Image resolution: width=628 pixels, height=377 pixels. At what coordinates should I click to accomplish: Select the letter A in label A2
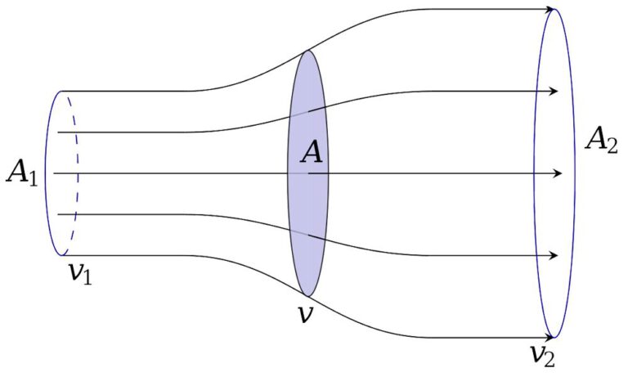click(596, 138)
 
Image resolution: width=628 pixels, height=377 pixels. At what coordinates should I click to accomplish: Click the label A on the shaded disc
click(312, 152)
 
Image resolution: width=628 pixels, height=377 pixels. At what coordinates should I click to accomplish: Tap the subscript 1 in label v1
click(87, 277)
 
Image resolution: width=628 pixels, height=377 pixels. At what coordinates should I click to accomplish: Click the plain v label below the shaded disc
click(306, 315)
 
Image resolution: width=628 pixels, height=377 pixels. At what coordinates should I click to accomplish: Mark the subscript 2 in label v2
click(549, 359)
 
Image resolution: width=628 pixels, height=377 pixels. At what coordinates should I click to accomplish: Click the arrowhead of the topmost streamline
click(549, 9)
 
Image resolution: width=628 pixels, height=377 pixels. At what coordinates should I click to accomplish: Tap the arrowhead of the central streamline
click(558, 173)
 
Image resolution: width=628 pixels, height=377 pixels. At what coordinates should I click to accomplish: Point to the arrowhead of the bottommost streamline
click(549, 338)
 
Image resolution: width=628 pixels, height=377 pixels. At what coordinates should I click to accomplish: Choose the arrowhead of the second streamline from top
click(553, 92)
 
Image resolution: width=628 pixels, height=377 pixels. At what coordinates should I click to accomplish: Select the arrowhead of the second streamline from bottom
click(553, 256)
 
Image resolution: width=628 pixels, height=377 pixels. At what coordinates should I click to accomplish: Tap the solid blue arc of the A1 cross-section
click(45, 173)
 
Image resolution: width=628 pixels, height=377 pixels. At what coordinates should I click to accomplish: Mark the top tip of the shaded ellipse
click(307, 50)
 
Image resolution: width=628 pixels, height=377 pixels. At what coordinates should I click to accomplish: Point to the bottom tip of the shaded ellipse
click(307, 297)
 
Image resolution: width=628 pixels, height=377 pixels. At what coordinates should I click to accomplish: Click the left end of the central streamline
click(54, 173)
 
